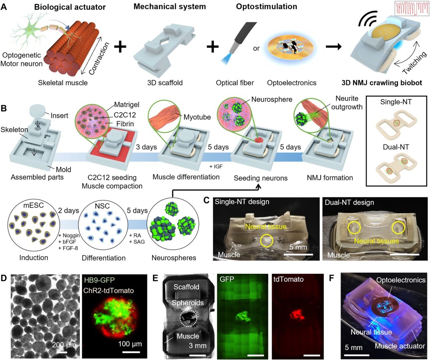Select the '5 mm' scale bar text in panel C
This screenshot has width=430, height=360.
pyautogui.click(x=297, y=247)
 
